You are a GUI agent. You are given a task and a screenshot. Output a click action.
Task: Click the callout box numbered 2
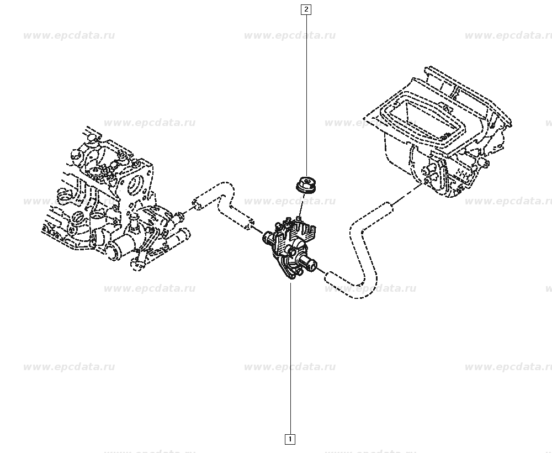point(306,9)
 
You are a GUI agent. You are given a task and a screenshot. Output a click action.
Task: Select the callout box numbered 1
point(290,439)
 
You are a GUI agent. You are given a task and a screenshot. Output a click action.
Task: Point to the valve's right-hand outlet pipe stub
point(310,262)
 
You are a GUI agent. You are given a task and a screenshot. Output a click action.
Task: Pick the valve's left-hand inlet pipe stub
point(268,238)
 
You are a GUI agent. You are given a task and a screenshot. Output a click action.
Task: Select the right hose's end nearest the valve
point(328,277)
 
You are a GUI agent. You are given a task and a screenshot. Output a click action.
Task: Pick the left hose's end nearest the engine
point(196,204)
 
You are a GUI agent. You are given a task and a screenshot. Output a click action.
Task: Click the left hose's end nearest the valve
point(250,224)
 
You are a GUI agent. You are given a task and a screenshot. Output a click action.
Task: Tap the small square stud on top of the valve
point(299,220)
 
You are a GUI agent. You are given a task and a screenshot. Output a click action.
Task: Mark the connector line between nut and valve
point(300,206)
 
